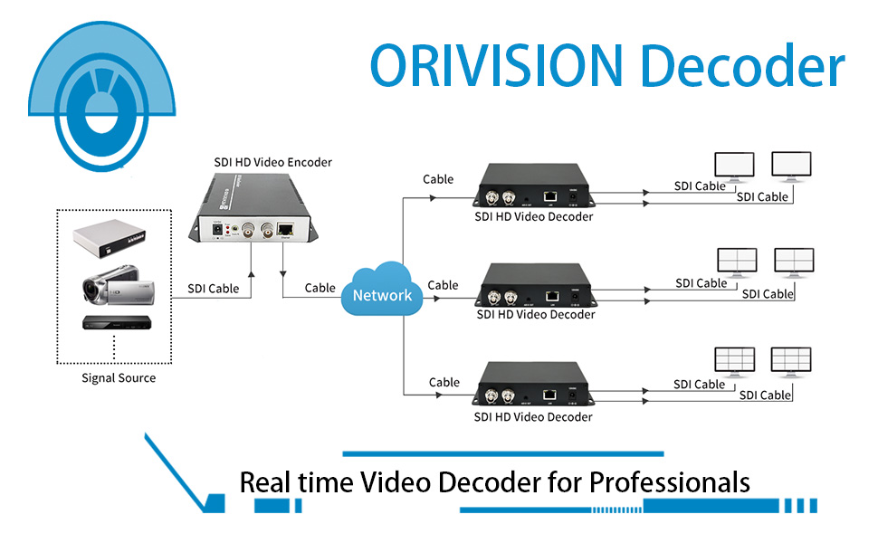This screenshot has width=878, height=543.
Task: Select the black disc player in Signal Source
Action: coord(113,324)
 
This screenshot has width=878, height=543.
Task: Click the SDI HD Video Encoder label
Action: coord(272,163)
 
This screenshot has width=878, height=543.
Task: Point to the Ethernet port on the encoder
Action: coord(286,231)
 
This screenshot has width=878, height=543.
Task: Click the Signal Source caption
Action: coord(119,378)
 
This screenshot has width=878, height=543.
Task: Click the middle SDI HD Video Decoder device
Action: coord(534,285)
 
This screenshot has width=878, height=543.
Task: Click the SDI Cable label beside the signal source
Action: coord(215,289)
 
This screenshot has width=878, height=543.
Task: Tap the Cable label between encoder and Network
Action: coord(320,288)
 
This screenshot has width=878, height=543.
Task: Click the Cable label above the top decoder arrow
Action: coord(439,179)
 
